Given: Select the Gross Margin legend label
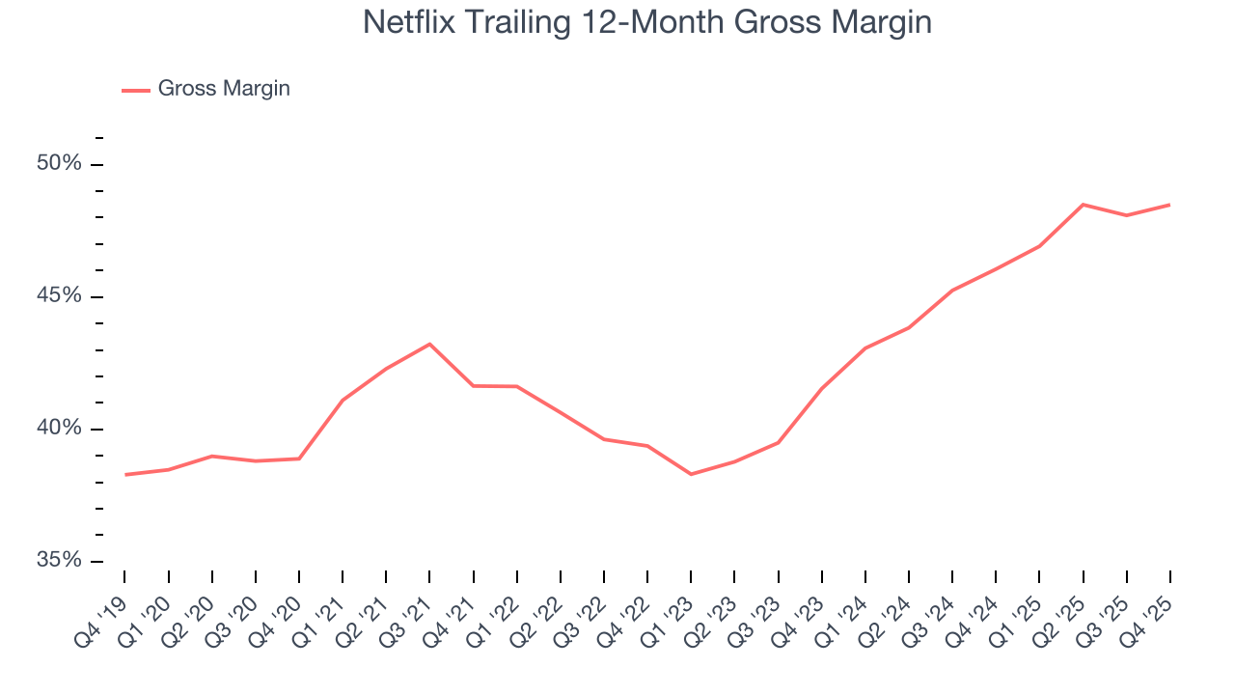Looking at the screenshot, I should [x=224, y=89].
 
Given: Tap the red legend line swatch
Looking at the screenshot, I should [x=136, y=90].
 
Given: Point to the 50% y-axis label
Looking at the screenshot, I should [x=59, y=164].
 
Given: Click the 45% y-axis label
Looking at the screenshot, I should [x=59, y=296].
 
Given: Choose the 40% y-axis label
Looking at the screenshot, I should [x=59, y=429].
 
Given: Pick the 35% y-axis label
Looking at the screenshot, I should [x=59, y=561].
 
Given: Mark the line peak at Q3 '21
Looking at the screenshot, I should [x=429, y=344].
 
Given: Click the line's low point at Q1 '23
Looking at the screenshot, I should [x=691, y=474].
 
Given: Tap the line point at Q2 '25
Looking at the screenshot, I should [x=1083, y=205].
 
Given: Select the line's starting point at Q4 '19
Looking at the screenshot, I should [x=125, y=474].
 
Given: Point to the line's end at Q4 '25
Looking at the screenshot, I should [x=1169, y=205].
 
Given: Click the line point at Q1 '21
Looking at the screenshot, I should [x=343, y=400].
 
